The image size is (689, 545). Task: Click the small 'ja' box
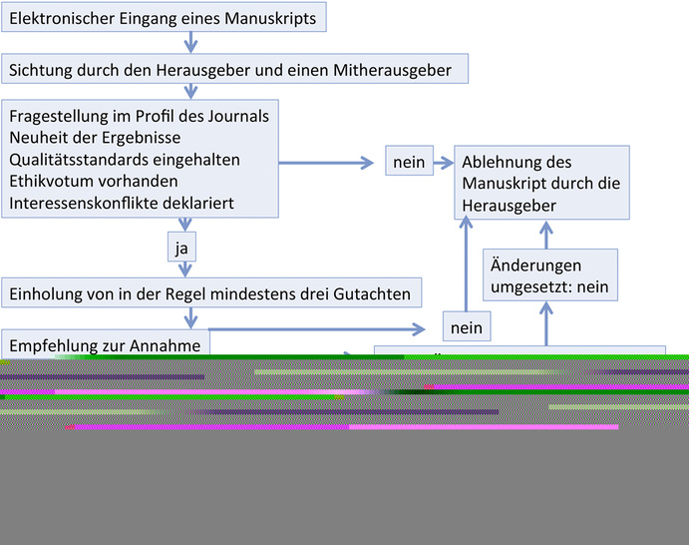180,247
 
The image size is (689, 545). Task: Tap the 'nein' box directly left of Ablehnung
409,162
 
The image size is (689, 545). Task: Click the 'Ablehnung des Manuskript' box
542,183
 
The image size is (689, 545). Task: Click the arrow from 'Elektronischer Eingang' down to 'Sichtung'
190,43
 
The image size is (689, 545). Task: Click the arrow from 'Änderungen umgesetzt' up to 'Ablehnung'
545,234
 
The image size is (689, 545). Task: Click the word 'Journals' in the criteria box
238,117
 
